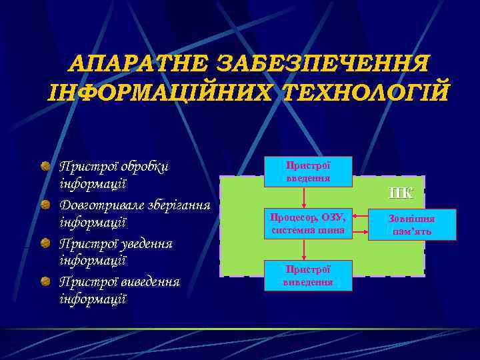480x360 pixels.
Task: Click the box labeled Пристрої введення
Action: click(308, 172)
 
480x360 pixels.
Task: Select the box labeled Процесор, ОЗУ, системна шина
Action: click(308, 223)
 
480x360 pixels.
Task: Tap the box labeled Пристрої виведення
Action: click(308, 275)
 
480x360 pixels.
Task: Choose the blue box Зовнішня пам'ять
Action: click(411, 225)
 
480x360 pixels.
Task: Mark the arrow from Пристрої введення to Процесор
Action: click(305, 197)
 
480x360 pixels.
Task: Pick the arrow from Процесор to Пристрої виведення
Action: click(305, 249)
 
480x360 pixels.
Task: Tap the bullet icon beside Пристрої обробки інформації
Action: click(43, 165)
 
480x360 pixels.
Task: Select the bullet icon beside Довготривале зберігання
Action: click(43, 204)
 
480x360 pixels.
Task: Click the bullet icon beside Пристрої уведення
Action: click(43, 243)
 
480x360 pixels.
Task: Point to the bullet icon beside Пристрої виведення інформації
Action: click(43, 281)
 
